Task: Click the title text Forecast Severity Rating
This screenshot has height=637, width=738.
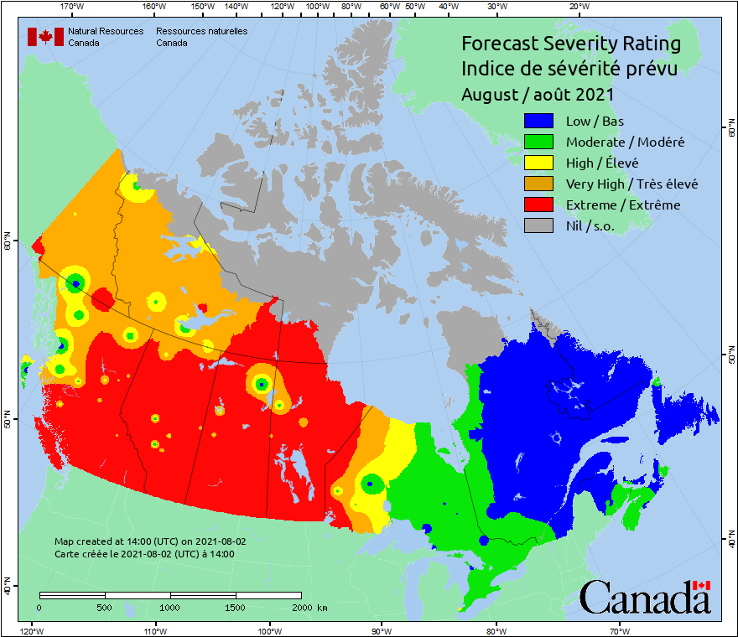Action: coord(570,44)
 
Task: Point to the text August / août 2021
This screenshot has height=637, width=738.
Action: coord(538,95)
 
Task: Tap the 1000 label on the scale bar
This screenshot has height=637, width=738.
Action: coord(170,607)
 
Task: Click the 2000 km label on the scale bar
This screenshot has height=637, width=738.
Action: coord(308,607)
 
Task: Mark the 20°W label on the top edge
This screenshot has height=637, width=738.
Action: coord(577,7)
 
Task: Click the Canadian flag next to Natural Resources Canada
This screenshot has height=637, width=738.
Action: coord(45,37)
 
